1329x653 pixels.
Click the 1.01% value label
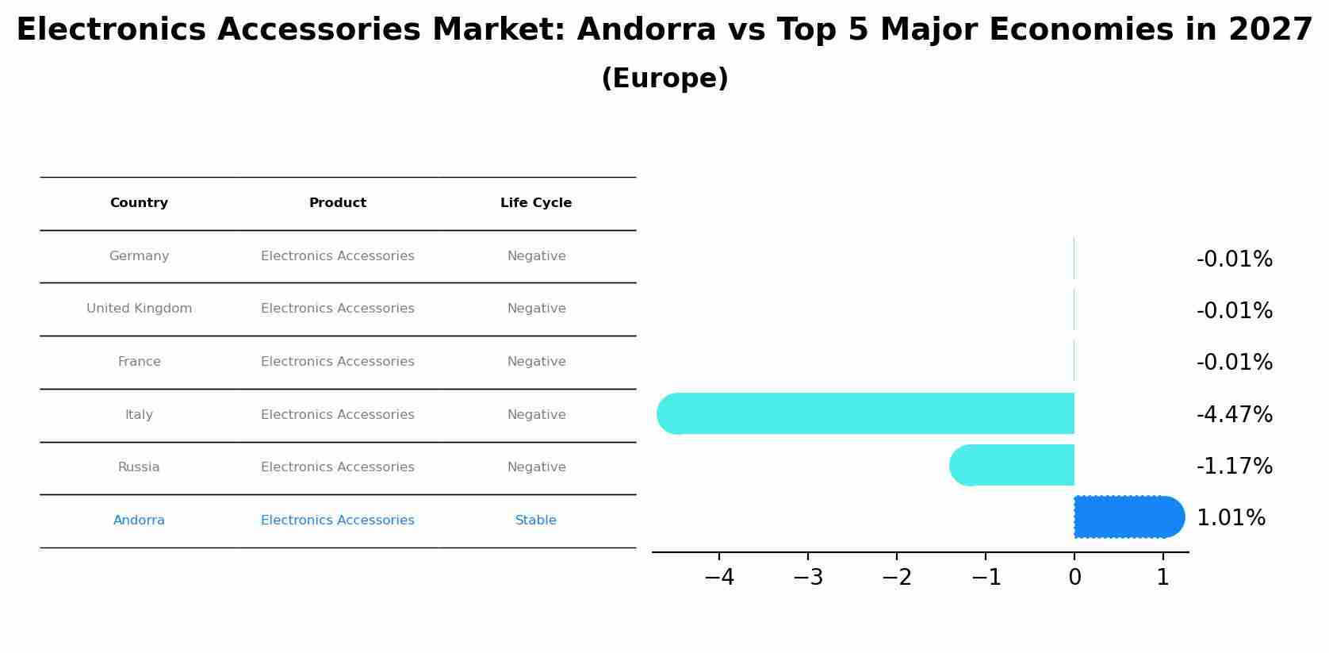point(1231,518)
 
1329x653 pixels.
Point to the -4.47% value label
point(1234,414)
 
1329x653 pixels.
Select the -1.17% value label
point(1234,466)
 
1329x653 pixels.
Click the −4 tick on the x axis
point(719,577)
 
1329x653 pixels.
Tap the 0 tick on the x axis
point(1074,577)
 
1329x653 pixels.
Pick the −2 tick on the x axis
point(897,577)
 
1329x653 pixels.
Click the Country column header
point(139,203)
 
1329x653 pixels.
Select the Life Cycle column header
point(536,203)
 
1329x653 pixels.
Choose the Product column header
point(338,203)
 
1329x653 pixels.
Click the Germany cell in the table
point(139,256)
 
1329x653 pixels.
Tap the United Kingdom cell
point(139,309)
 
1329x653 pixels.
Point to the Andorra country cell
point(139,520)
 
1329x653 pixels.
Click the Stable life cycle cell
point(536,520)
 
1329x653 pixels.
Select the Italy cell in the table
point(139,415)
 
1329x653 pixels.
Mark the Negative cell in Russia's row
point(536,467)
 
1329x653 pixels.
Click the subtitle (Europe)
point(664,79)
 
